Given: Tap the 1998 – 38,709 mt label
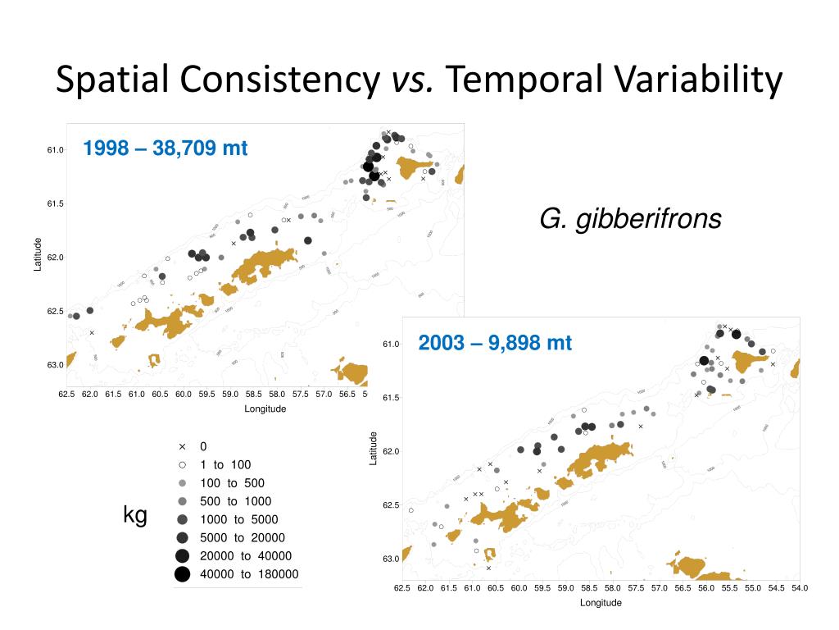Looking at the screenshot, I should point(165,148).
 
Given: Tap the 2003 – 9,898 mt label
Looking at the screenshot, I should point(495,342).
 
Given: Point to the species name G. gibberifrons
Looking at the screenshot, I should point(630,219).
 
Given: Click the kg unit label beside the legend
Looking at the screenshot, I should point(135,515).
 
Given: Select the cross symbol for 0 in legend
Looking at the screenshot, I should point(182,447).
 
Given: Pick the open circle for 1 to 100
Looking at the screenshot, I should point(182,465).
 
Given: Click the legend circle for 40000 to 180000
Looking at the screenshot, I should point(182,574).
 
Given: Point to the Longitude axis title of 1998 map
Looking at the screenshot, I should point(265,409).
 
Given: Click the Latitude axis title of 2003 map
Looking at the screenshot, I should point(374,449).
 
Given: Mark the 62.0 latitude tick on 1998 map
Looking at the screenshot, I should point(55,258).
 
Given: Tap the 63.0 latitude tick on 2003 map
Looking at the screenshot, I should point(391,559).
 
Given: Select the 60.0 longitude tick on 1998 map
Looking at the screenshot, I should point(184,395).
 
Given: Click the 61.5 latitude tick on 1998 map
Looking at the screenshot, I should point(55,203).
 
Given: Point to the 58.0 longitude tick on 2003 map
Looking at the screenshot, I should point(612,588).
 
